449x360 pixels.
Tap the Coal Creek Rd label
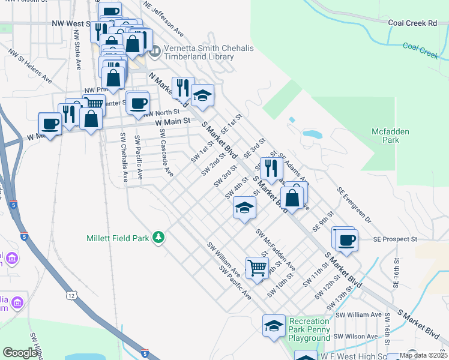tap(412, 23)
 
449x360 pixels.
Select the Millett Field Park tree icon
tap(158, 238)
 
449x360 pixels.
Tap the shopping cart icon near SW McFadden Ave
tap(257, 267)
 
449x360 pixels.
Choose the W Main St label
tap(172, 121)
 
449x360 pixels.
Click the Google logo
tap(20, 353)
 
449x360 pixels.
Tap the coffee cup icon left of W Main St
tap(50, 124)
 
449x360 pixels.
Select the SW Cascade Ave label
tap(166, 153)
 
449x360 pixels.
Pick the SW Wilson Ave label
tap(358, 336)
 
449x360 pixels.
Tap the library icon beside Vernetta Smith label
tap(155, 52)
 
